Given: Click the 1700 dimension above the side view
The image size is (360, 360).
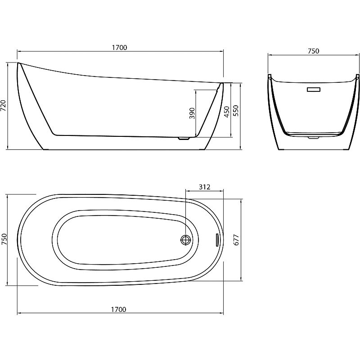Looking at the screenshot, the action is pyautogui.click(x=119, y=48).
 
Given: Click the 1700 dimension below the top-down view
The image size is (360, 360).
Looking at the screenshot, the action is pyautogui.click(x=119, y=310).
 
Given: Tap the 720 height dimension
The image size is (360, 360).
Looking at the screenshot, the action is pyautogui.click(x=3, y=106).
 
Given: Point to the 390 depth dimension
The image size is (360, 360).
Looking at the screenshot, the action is pyautogui.click(x=192, y=113).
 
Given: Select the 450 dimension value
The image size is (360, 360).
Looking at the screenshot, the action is pyautogui.click(x=227, y=112).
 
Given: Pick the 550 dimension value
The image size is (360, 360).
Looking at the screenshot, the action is pyautogui.click(x=236, y=111).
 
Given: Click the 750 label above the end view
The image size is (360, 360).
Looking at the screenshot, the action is pyautogui.click(x=313, y=51).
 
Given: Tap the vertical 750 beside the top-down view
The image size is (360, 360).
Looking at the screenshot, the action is pyautogui.click(x=4, y=239).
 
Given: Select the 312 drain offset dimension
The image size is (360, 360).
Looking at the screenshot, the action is pyautogui.click(x=205, y=187).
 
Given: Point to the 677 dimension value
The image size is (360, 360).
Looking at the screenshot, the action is pyautogui.click(x=236, y=240).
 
